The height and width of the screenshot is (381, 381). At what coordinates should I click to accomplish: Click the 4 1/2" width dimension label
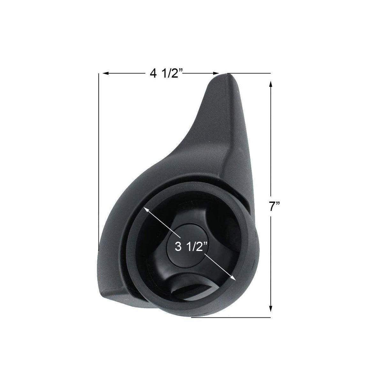coord(166,74)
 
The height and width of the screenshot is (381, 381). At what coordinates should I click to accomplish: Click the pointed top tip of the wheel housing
coord(227,75)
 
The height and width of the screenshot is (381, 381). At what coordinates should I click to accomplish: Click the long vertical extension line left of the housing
coord(99,160)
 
